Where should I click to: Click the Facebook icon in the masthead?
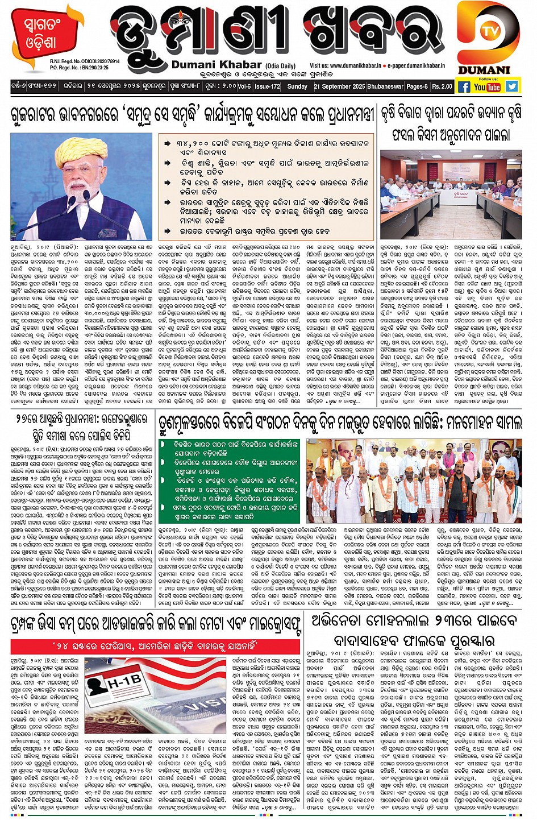(x=464, y=86)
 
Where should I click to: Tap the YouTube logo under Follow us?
(x=487, y=87)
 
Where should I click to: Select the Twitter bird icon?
(x=512, y=86)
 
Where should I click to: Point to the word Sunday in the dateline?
(x=297, y=86)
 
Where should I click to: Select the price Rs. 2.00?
(x=442, y=86)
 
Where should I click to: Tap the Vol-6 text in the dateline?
(x=244, y=86)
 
